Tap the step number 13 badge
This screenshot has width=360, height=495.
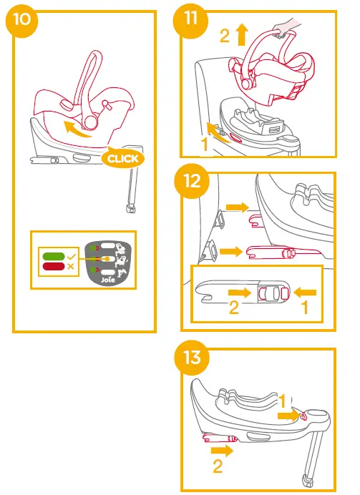click(190, 357)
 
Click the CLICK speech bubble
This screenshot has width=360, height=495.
click(122, 157)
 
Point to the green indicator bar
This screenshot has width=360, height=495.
click(53, 255)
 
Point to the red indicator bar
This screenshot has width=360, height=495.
click(53, 266)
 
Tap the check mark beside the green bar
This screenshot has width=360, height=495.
click(70, 255)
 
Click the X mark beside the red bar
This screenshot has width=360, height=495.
click(70, 266)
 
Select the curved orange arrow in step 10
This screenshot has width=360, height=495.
click(79, 129)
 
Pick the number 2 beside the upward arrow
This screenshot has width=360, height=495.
click(225, 36)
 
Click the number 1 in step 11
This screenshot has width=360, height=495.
click(205, 143)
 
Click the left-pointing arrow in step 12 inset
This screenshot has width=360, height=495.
click(303, 291)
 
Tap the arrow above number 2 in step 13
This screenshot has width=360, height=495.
click(221, 451)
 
